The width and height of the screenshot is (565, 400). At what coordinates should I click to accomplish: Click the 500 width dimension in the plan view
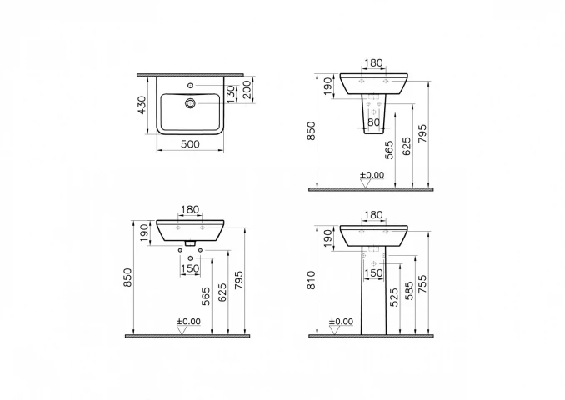pyautogui.click(x=190, y=144)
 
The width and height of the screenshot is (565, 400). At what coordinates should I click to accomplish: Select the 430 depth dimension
pyautogui.click(x=142, y=105)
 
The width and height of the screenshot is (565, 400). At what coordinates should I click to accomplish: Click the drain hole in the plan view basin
pyautogui.click(x=191, y=103)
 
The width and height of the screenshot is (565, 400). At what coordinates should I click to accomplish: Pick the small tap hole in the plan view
pyautogui.click(x=191, y=85)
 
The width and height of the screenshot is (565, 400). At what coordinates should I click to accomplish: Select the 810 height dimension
pyautogui.click(x=312, y=281)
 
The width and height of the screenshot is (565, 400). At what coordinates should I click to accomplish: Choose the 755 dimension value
pyautogui.click(x=422, y=283)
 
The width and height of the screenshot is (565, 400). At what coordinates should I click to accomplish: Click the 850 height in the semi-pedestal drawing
pyautogui.click(x=312, y=132)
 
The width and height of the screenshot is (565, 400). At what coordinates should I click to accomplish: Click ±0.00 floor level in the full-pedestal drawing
pyautogui.click(x=342, y=321)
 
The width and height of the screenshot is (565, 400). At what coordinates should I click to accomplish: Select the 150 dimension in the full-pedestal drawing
pyautogui.click(x=374, y=272)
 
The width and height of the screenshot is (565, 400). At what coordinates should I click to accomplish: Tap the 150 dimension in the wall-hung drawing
pyautogui.click(x=191, y=268)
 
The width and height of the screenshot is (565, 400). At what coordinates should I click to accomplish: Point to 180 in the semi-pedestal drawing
pyautogui.click(x=374, y=63)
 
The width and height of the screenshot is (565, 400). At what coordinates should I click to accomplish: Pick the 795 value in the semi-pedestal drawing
pyautogui.click(x=422, y=134)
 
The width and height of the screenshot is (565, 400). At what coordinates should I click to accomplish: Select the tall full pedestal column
pyautogui.click(x=373, y=300)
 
